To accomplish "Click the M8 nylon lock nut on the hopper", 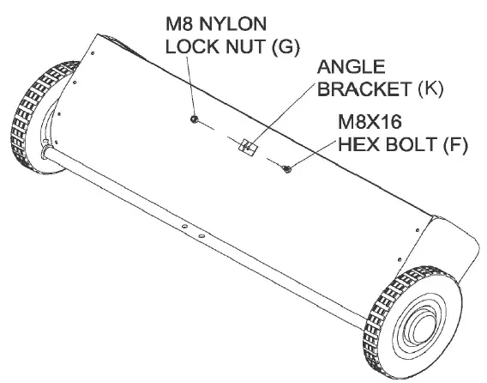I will (195, 118).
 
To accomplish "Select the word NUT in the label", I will (238, 46).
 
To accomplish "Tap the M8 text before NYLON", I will (178, 24).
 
